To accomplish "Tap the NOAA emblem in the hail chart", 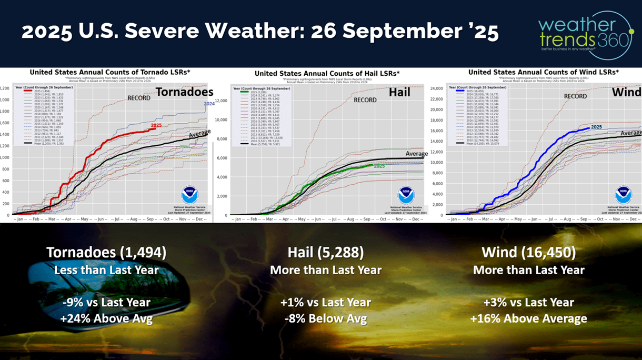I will point(406,195).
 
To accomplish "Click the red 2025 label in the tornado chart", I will point(156,125).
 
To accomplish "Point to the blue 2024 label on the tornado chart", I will point(209,104).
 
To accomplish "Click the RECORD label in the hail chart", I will point(365,100).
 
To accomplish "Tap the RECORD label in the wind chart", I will point(575,96).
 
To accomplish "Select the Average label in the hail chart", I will point(417,154).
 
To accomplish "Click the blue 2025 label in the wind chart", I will point(596,127).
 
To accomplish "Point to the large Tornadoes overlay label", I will point(184,93).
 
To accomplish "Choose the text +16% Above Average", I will point(528,318).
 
